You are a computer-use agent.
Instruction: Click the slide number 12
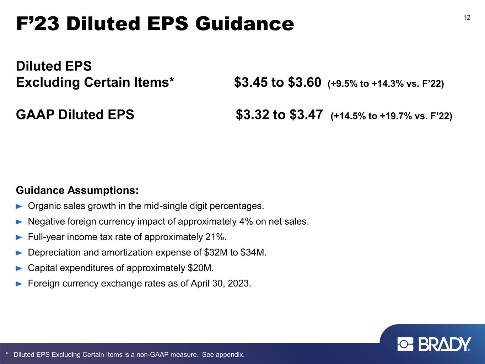(467, 17)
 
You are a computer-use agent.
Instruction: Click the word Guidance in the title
(244, 24)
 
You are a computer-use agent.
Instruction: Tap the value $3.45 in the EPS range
(251, 82)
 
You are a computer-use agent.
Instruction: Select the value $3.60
(305, 82)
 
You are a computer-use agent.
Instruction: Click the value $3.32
(253, 114)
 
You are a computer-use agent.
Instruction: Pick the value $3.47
(306, 114)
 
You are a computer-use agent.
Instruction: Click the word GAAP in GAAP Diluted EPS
(35, 114)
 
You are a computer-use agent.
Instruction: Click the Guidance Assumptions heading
(77, 190)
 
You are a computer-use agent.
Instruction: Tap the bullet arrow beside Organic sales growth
(19, 207)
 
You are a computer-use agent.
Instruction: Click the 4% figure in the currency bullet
(246, 221)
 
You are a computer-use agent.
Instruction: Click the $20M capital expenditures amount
(200, 268)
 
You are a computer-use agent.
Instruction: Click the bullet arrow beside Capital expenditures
(19, 268)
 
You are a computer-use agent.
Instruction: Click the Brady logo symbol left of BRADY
(405, 344)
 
